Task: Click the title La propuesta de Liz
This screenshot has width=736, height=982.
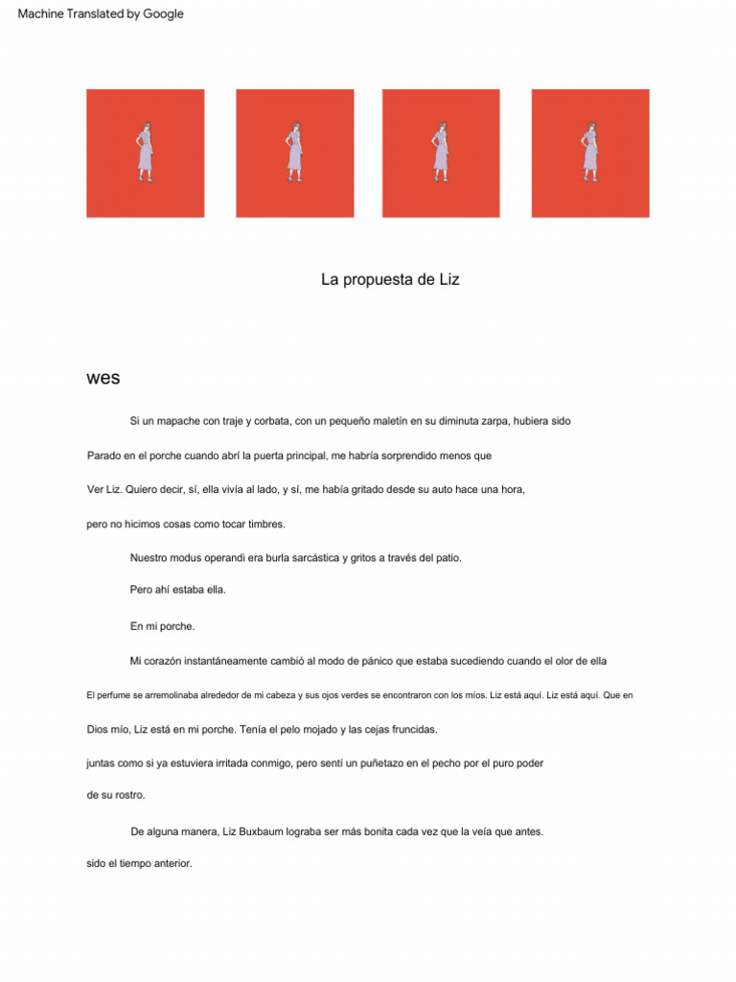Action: [390, 280]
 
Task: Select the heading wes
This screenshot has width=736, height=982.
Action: [103, 378]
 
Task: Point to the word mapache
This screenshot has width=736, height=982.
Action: [180, 421]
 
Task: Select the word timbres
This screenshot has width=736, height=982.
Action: [266, 525]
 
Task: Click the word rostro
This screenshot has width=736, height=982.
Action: [130, 795]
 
